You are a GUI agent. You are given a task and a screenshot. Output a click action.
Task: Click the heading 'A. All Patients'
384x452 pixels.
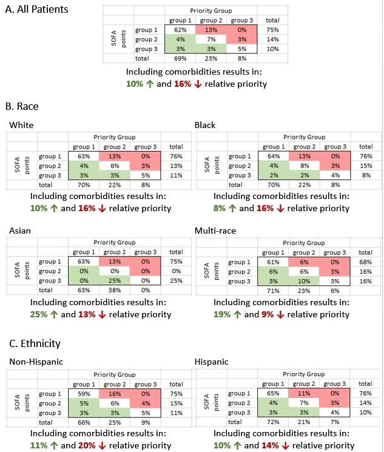[x=37, y=10]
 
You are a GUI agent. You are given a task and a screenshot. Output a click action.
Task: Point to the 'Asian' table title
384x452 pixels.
[x=17, y=231]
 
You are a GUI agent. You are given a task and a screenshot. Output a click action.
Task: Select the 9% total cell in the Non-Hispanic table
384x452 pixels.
[x=143, y=422]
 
